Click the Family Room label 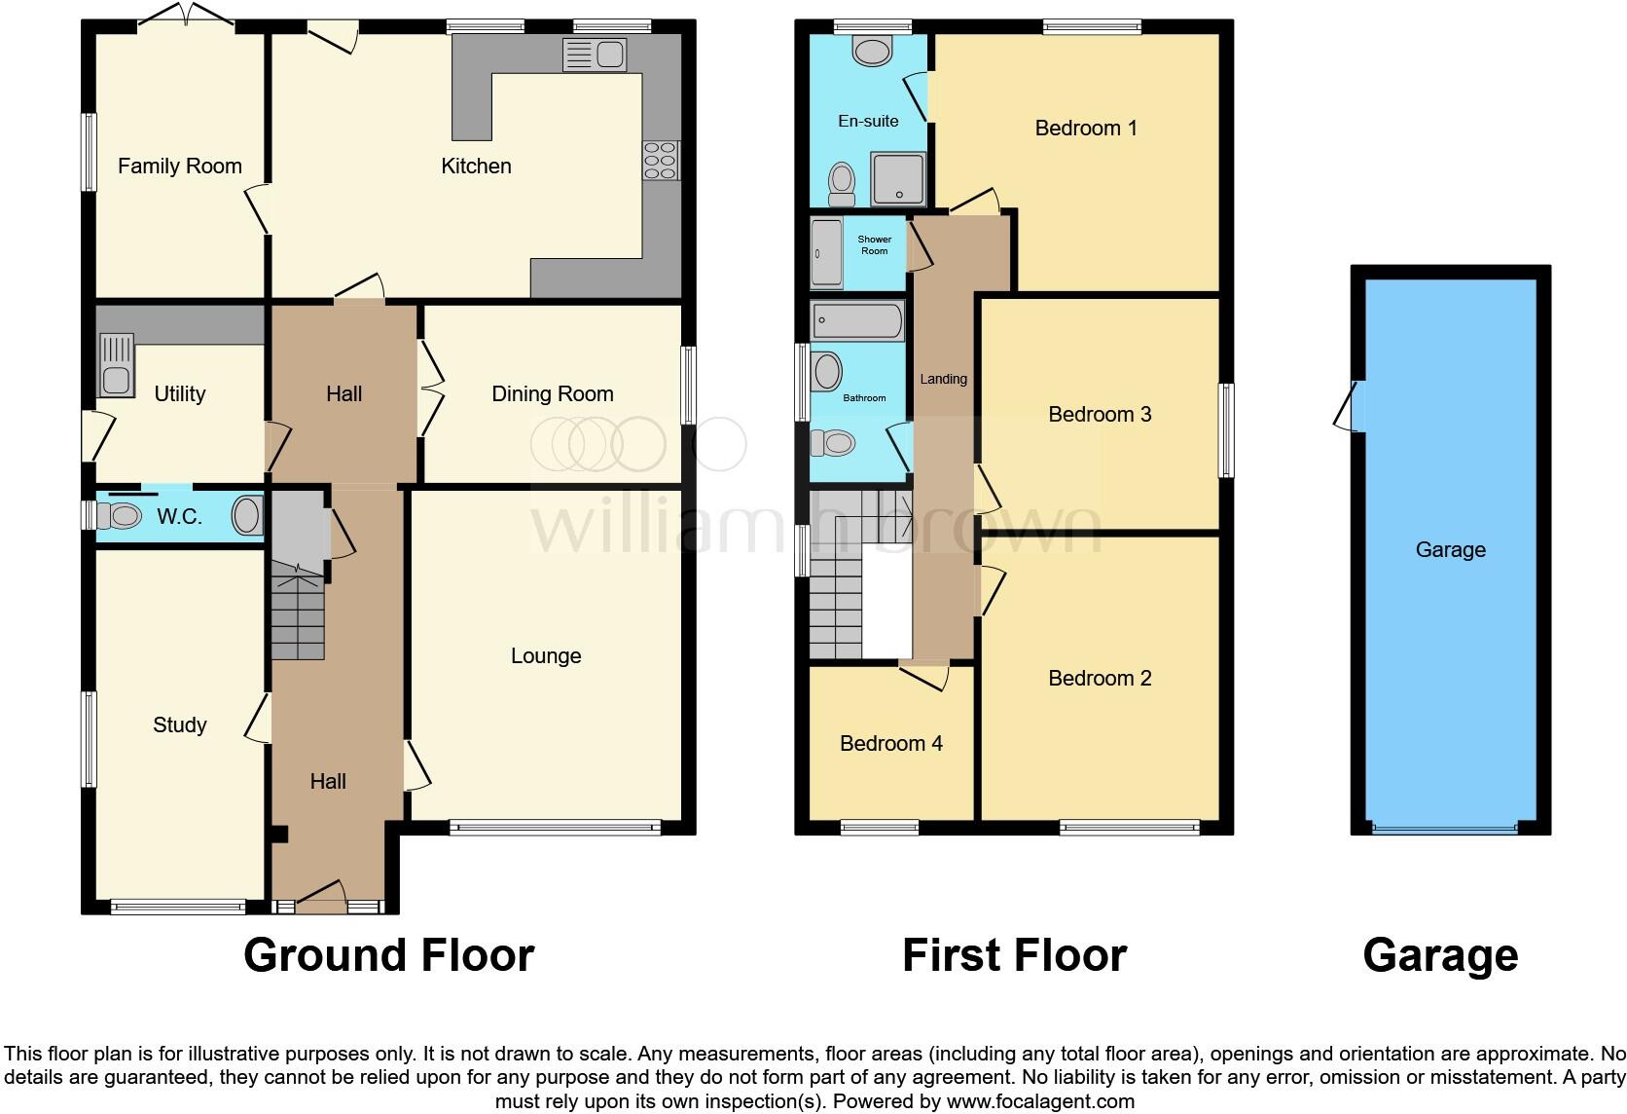(180, 167)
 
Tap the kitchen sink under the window (594, 55)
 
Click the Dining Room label (552, 394)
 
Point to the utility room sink (116, 366)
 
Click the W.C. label (180, 517)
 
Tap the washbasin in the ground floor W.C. (247, 516)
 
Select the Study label (180, 724)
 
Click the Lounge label (546, 656)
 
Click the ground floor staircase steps (297, 617)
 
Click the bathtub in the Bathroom (858, 320)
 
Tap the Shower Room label (874, 245)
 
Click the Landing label (943, 379)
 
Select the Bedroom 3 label (1100, 415)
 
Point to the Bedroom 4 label (890, 744)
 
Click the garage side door (1348, 406)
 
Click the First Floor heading (1014, 955)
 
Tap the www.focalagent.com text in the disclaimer (1040, 1102)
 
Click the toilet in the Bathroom (833, 444)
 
